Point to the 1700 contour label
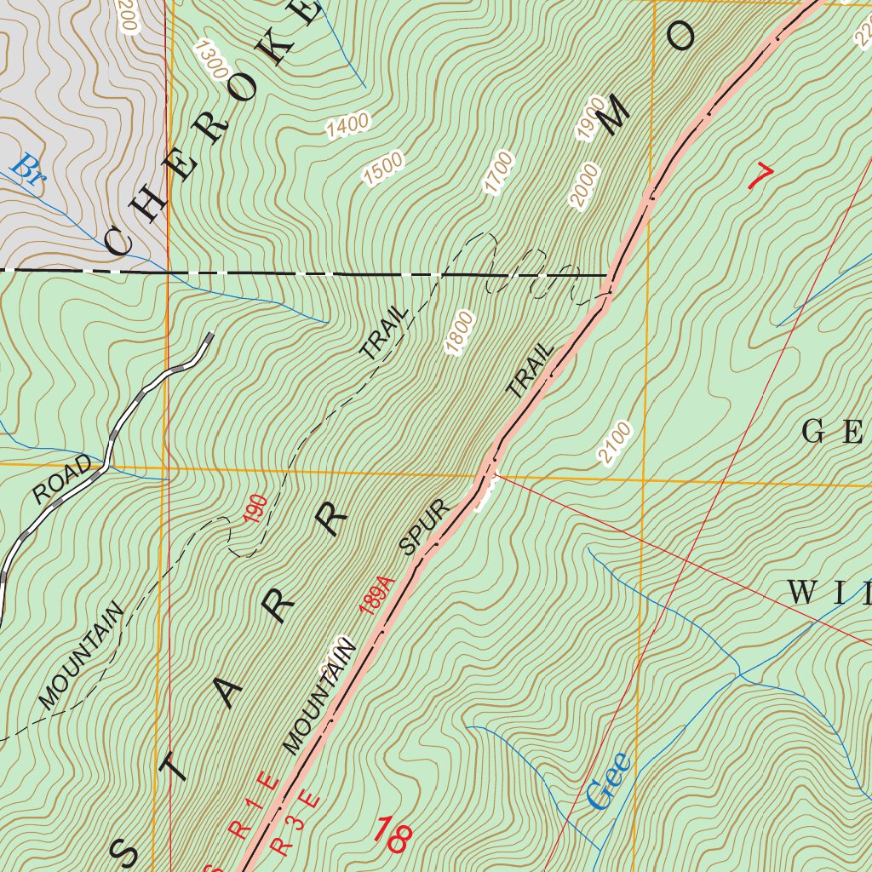coord(499,173)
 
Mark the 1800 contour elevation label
coord(458,333)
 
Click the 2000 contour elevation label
coord(585,186)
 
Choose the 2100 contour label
coord(616,443)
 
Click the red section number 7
coord(760,176)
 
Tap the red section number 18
coord(393,834)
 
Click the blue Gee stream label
coord(610,781)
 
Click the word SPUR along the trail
coord(424,528)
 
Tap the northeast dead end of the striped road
coord(209,336)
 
